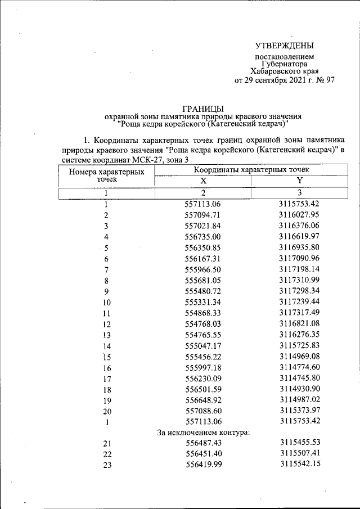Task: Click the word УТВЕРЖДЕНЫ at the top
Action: pos(285,46)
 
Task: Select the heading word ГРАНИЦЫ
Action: pos(204,108)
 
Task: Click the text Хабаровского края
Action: pos(285,72)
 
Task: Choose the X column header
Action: pos(203,181)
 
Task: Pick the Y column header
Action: pos(299,181)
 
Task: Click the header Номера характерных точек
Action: pos(106,175)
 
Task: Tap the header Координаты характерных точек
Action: pos(251,169)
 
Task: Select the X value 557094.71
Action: pos(203,215)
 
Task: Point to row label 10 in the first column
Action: pos(106,302)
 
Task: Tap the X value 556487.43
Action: pos(203,443)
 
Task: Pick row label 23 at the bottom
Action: pos(106,465)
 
